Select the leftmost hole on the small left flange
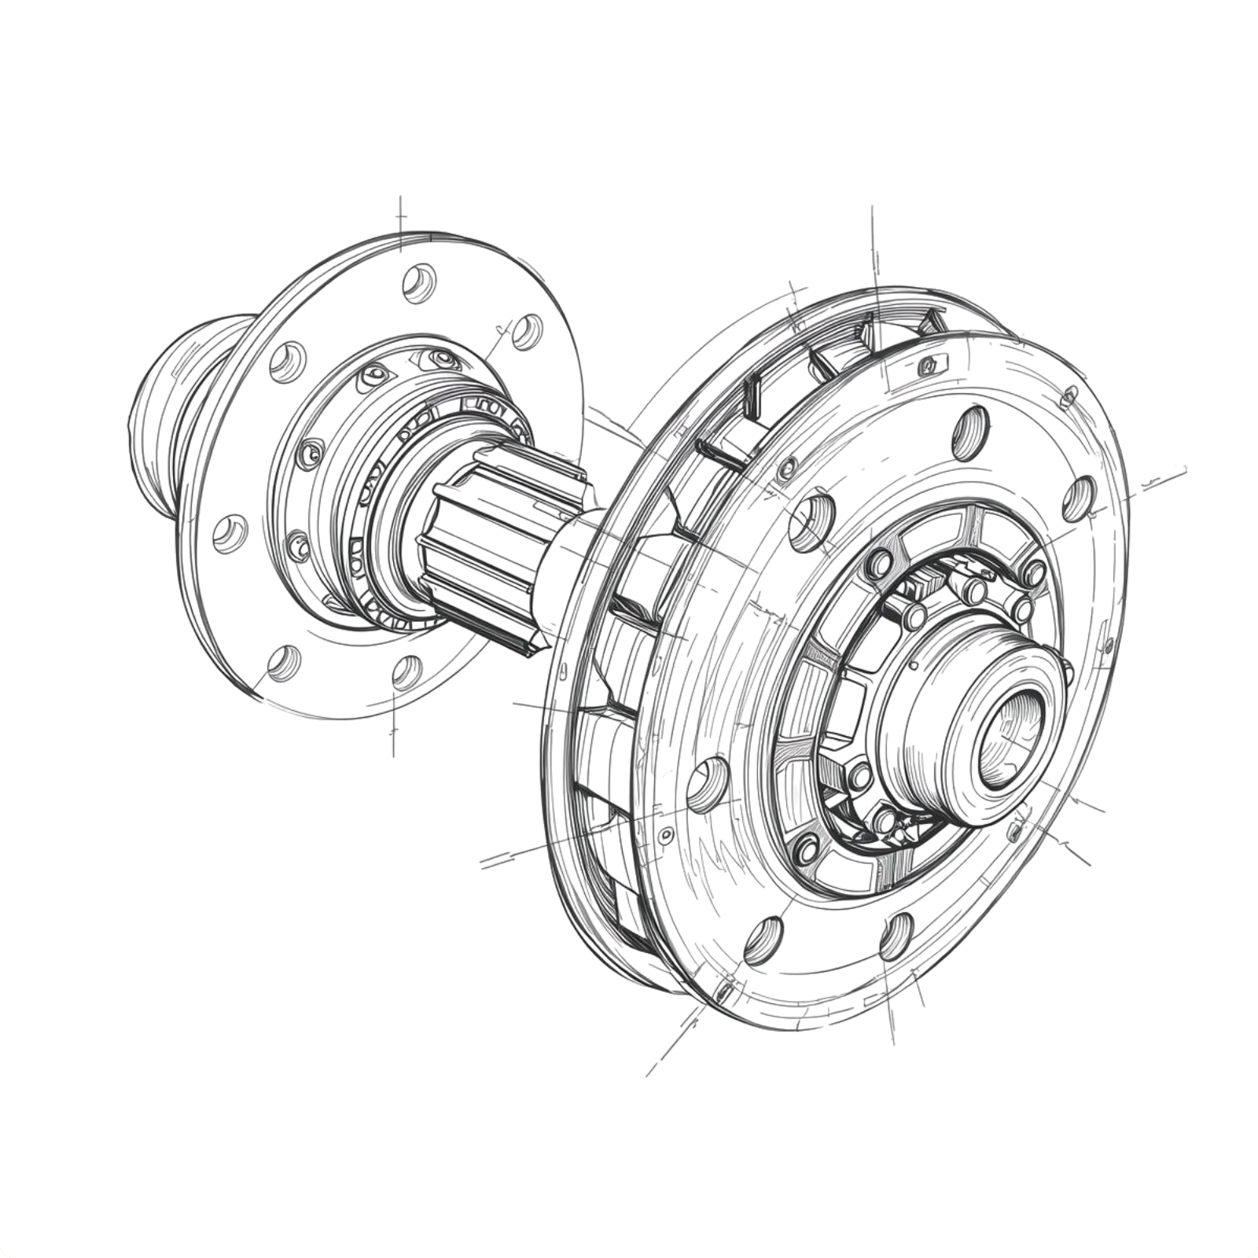click(230, 535)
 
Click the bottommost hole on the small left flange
click(406, 672)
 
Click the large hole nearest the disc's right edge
click(1080, 498)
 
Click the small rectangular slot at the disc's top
click(929, 365)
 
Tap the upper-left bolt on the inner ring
click(878, 563)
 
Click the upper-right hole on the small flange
click(528, 330)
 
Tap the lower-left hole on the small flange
click(284, 662)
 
